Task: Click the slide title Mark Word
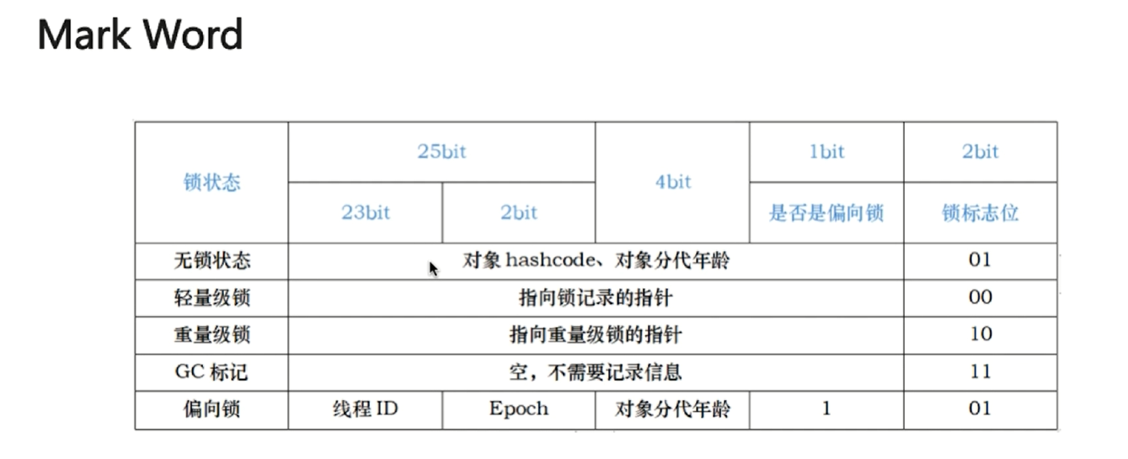[x=141, y=35]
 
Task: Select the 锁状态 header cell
[x=211, y=183]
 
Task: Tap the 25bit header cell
[x=441, y=152]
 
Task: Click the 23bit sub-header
[x=366, y=213]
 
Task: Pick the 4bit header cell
[x=672, y=183]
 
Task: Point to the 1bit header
[x=826, y=152]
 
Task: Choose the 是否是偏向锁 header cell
[x=826, y=213]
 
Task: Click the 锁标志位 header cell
[x=980, y=213]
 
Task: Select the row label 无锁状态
[x=211, y=260]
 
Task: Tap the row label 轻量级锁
[x=211, y=297]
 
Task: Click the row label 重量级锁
[x=211, y=334]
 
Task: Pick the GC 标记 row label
[x=211, y=371]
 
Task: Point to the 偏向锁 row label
[x=211, y=409]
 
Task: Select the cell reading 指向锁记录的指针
[x=596, y=297]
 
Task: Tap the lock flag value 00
[x=980, y=297]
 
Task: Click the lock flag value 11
[x=980, y=371]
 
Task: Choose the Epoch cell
[x=518, y=409]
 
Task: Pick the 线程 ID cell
[x=366, y=409]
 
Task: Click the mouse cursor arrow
[x=433, y=269]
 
